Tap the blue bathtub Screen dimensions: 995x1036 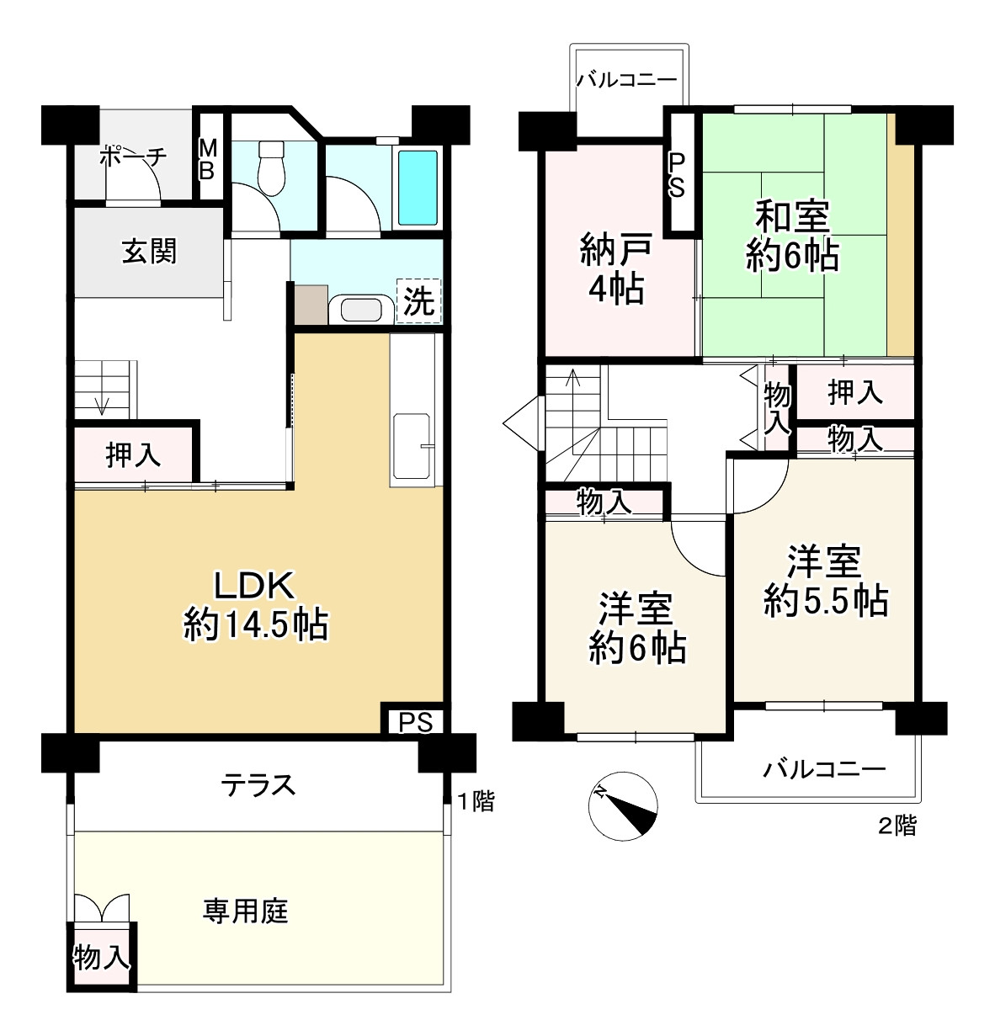click(418, 188)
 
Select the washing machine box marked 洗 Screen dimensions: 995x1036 click(418, 300)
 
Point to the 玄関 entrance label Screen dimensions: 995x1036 click(149, 252)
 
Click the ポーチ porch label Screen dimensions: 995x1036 click(134, 157)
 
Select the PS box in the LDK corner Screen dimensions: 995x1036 click(416, 722)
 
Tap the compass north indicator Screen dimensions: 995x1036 click(623, 806)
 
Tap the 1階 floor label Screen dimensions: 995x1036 click(476, 802)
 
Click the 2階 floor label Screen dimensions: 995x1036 click(897, 826)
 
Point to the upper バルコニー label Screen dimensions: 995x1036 click(628, 80)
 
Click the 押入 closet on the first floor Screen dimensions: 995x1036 click(133, 454)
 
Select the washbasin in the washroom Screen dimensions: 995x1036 click(361, 310)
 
